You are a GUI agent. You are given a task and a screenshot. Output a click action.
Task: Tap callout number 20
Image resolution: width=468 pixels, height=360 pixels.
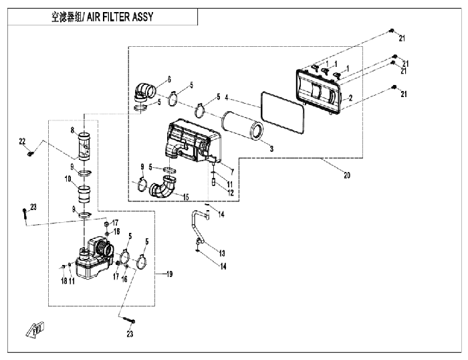click(x=346, y=176)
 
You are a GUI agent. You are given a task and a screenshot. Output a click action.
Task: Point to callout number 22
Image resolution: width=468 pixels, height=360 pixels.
click(x=21, y=141)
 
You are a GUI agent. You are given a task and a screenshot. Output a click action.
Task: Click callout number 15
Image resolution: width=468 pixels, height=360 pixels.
click(x=186, y=197)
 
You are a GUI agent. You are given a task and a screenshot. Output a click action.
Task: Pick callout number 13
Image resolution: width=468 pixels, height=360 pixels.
click(x=223, y=253)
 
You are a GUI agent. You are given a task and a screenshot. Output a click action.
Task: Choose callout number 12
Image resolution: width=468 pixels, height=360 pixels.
click(x=229, y=193)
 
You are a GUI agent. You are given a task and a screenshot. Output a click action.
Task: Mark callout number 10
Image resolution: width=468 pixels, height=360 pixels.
click(x=68, y=179)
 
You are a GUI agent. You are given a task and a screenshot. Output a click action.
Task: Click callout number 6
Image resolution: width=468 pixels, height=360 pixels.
click(x=169, y=79)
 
